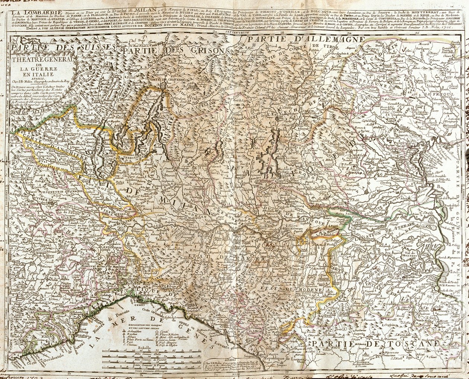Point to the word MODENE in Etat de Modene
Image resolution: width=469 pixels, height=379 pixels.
[x=306, y=290]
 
